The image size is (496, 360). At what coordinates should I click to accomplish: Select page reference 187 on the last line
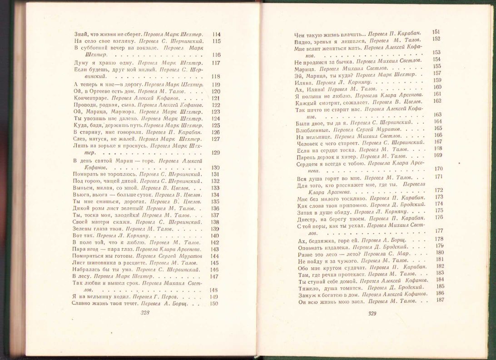click(x=439, y=300)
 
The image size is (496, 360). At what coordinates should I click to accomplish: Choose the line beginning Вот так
click(x=82, y=235)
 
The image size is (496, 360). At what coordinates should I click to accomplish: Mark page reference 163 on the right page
click(x=438, y=115)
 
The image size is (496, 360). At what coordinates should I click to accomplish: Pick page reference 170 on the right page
click(x=439, y=169)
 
